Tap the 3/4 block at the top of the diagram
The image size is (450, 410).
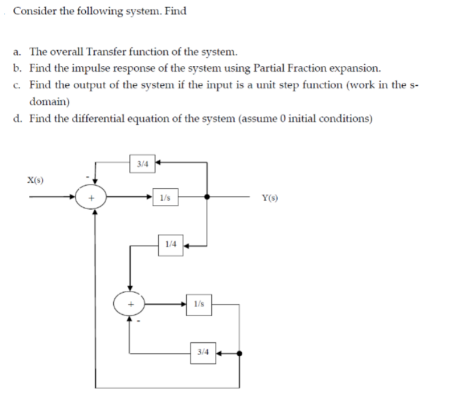point(142,164)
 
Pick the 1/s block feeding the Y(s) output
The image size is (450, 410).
point(165,197)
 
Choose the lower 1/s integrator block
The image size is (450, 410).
point(199,304)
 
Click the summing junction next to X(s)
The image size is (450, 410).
point(91,198)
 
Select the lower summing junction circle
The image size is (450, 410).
point(130,304)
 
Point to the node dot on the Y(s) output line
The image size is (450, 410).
point(207,197)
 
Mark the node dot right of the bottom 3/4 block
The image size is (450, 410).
point(239,353)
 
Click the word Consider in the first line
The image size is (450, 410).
point(32,11)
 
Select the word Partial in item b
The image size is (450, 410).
point(274,68)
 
